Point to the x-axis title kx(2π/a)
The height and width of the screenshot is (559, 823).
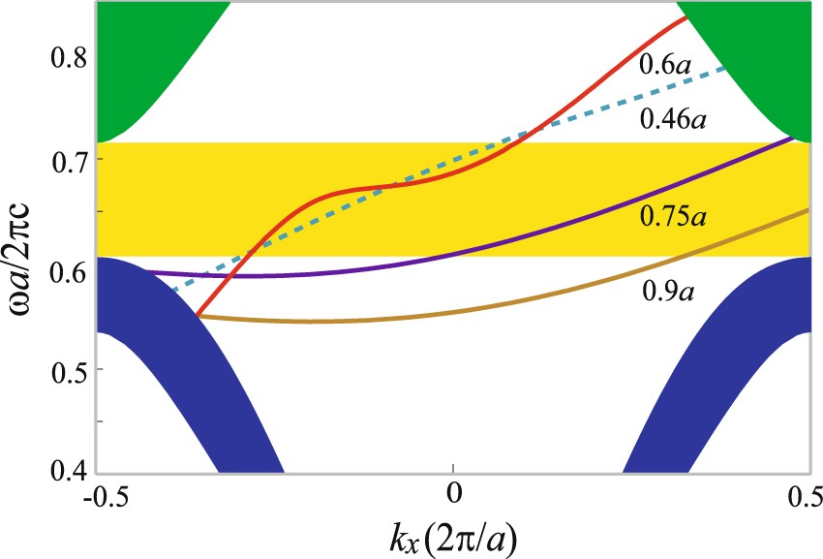(x=451, y=533)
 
